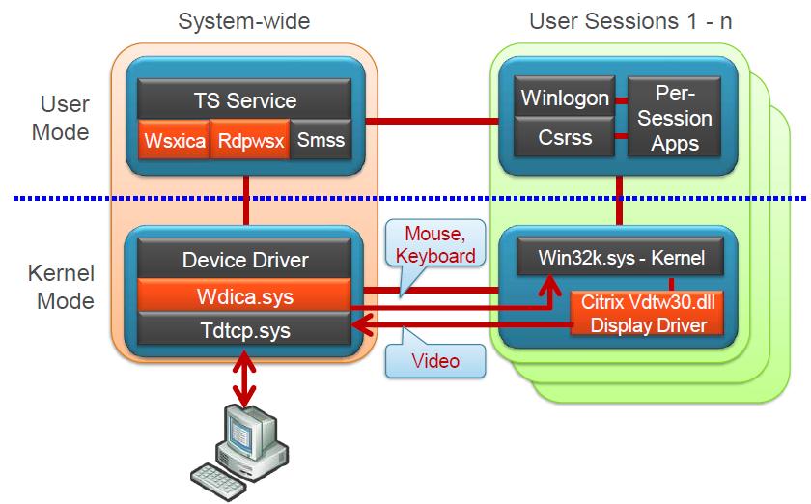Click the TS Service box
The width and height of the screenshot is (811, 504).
pos(246,100)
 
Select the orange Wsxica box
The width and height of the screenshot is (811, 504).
pos(174,141)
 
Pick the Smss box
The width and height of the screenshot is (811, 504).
pos(320,141)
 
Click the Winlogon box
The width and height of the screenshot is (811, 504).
pos(565,98)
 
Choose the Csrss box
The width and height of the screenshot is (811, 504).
pos(565,138)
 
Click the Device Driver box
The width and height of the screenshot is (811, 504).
pos(246,259)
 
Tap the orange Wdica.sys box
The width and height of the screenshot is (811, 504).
pos(246,296)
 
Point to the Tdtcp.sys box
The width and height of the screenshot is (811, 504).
pos(246,330)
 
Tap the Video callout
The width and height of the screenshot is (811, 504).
pos(435,362)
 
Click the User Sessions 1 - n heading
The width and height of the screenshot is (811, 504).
pos(630,21)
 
